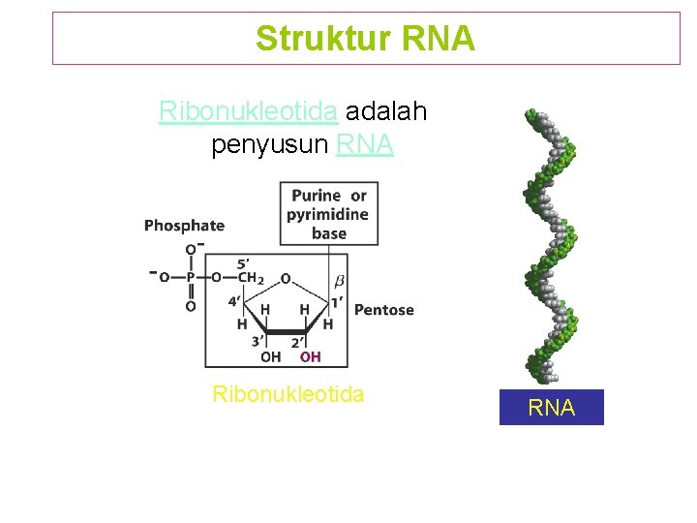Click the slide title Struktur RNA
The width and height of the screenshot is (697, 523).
click(x=365, y=39)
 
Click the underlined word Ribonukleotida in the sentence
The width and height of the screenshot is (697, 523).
click(x=248, y=112)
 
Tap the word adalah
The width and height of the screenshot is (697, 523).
click(x=385, y=112)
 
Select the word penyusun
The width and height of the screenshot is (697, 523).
click(x=269, y=145)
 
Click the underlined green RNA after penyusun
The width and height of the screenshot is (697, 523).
click(x=364, y=145)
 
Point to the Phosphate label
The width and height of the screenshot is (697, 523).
click(x=184, y=226)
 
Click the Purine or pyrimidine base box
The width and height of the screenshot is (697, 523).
click(x=329, y=214)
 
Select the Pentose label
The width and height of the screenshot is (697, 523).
click(x=384, y=310)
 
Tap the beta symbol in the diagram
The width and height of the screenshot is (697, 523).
click(x=339, y=281)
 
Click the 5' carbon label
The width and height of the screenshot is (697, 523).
click(x=245, y=261)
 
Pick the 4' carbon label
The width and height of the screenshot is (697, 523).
click(x=235, y=300)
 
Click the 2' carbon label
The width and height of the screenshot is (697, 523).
click(x=299, y=342)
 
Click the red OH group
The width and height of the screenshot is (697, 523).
click(x=310, y=357)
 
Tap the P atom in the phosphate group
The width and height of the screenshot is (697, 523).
click(x=191, y=277)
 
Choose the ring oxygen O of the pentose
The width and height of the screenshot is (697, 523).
click(x=286, y=279)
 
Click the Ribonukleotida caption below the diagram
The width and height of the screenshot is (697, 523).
click(x=288, y=394)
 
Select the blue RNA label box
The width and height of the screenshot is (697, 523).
click(x=551, y=408)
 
